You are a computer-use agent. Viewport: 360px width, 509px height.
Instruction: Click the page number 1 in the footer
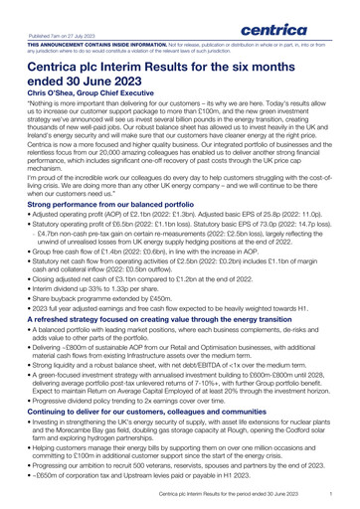point(341,493)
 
